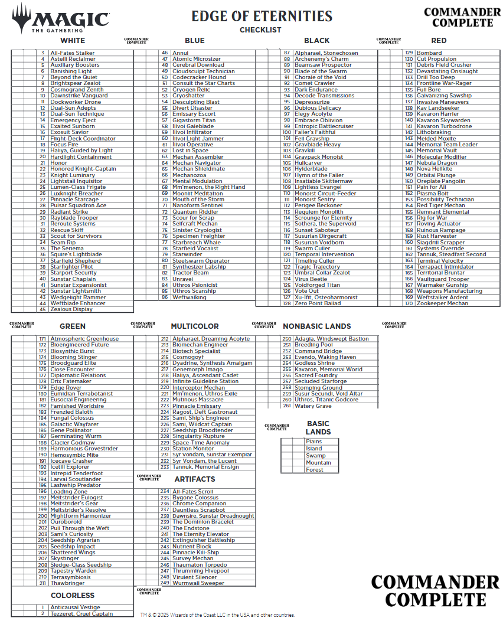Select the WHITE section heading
tap(73, 41)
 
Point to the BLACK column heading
tap(317, 41)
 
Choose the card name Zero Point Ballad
tap(318, 303)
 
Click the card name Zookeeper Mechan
tap(442, 303)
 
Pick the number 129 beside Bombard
tap(409, 53)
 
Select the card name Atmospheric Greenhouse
tap(84, 339)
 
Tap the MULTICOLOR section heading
tap(195, 326)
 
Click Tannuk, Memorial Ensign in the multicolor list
tap(205, 467)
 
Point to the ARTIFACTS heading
tap(195, 479)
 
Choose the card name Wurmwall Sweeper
tap(198, 583)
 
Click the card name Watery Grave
tap(313, 406)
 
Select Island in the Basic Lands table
tap(314, 449)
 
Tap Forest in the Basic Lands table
tap(315, 470)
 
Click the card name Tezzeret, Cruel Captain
tap(81, 614)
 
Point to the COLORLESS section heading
tap(73, 596)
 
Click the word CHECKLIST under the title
tap(260, 30)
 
